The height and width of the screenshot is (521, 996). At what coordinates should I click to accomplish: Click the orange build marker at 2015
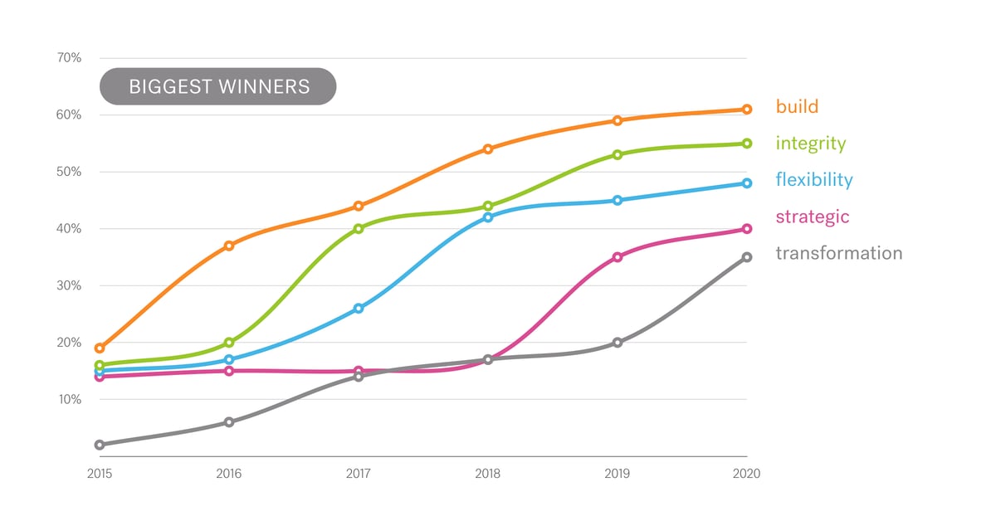click(x=100, y=348)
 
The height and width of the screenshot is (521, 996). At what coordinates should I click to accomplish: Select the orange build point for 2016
click(x=229, y=246)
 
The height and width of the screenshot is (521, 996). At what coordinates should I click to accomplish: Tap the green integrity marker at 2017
click(x=359, y=229)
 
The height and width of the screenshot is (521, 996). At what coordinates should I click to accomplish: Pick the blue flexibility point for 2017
click(x=359, y=309)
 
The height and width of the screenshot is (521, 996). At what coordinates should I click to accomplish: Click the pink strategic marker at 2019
click(x=618, y=257)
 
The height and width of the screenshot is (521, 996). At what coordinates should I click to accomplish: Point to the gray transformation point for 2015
click(x=100, y=445)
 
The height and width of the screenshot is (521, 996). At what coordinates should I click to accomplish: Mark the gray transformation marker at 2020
click(x=747, y=257)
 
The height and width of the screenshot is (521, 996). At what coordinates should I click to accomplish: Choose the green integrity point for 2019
click(x=618, y=154)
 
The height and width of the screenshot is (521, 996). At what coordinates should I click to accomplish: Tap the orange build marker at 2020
click(x=747, y=110)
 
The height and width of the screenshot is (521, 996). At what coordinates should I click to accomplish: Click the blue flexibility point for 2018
click(x=488, y=217)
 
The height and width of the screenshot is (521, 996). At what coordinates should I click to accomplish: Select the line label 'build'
click(x=797, y=106)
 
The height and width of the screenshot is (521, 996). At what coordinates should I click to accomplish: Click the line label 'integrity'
click(x=810, y=144)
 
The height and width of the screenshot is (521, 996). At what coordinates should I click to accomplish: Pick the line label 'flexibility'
click(x=813, y=180)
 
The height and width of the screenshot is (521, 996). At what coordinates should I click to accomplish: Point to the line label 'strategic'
click(x=812, y=217)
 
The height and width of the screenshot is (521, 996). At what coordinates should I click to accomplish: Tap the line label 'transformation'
click(x=838, y=254)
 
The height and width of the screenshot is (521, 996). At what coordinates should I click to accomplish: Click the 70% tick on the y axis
click(x=69, y=58)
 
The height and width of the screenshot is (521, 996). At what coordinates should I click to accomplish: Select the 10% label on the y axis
click(x=69, y=400)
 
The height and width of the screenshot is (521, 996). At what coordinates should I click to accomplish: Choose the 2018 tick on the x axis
click(x=488, y=475)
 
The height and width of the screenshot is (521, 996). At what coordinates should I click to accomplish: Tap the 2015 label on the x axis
click(x=100, y=475)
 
